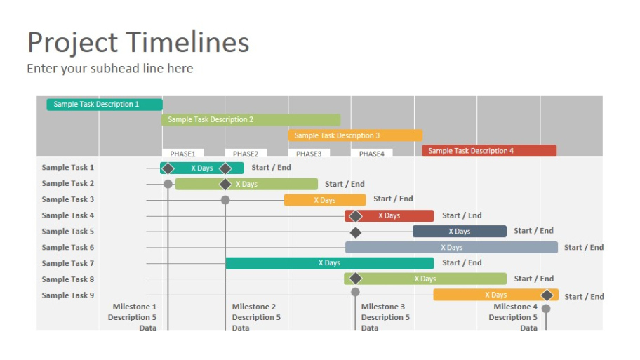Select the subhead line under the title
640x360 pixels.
click(110, 68)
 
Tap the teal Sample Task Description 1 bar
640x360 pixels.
click(105, 105)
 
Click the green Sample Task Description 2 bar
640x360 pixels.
click(251, 119)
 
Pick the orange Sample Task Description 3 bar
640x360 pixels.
click(355, 135)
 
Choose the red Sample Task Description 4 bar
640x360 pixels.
click(489, 151)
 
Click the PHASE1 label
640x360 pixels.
click(183, 154)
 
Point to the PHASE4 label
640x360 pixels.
click(372, 154)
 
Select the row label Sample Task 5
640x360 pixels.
click(68, 232)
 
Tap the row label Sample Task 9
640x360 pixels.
click(68, 295)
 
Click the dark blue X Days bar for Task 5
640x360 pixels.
click(460, 232)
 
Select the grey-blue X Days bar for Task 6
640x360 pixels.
click(451, 247)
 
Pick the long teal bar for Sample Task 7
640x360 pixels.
click(329, 263)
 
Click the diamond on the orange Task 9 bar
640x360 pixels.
click(547, 295)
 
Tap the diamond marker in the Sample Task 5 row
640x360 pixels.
click(356, 233)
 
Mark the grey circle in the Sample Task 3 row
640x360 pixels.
click(225, 200)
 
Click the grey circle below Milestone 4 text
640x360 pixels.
click(546, 309)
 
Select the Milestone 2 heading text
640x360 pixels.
click(254, 307)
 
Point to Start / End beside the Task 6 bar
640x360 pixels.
click(584, 247)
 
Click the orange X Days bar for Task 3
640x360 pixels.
click(325, 200)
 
